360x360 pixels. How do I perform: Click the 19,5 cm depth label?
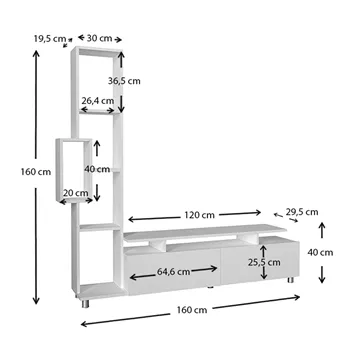point(50,38)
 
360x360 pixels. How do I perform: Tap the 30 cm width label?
point(99,38)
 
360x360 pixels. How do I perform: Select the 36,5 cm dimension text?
point(124,81)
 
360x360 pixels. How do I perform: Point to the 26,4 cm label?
point(98,100)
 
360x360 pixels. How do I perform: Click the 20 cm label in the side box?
point(76,193)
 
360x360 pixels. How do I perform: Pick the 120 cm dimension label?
point(199,215)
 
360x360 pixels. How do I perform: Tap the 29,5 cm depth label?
point(302,212)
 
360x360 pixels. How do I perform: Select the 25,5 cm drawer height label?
point(264,262)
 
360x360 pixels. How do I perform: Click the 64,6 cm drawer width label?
point(173,272)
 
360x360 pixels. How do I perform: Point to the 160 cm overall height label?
point(36,172)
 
